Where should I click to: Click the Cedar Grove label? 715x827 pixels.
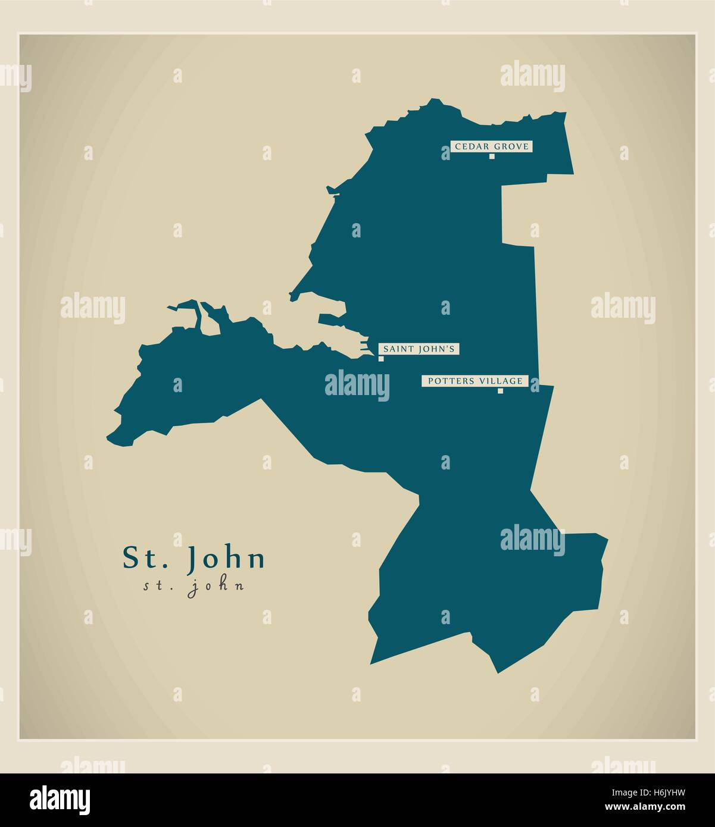(x=492, y=146)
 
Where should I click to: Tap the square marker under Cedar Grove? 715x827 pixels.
(x=492, y=156)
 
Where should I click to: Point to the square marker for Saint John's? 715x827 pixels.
(x=381, y=359)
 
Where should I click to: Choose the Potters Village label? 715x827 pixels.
(x=474, y=381)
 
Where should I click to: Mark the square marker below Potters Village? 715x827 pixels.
(x=500, y=391)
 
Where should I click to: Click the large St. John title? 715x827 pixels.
(x=194, y=559)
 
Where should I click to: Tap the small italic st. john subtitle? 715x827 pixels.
(x=193, y=586)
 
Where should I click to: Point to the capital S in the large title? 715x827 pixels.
(x=130, y=558)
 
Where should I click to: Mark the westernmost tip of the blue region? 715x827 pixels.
(x=107, y=439)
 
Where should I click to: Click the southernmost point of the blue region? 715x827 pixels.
(x=498, y=673)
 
